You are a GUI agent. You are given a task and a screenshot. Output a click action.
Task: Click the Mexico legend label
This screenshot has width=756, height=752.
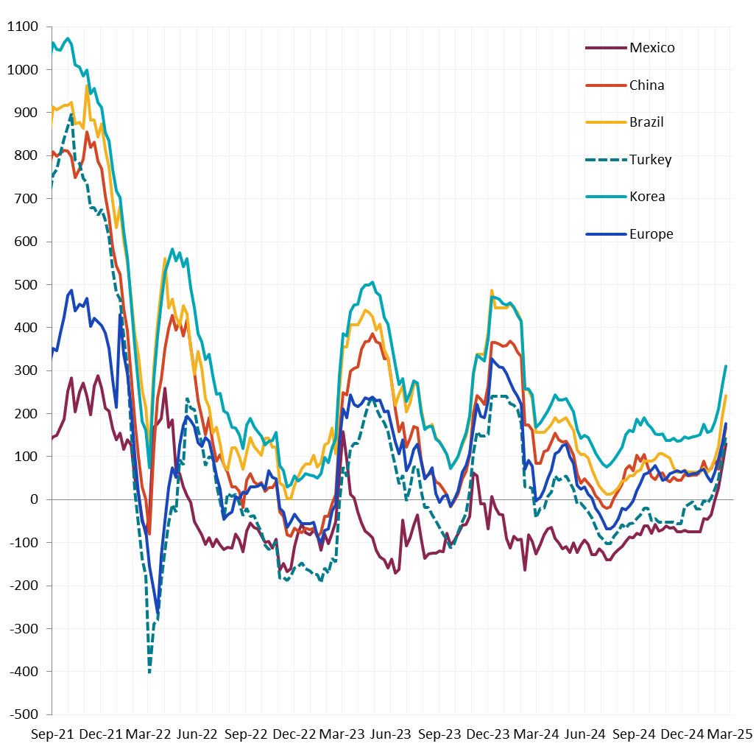pyautogui.click(x=651, y=48)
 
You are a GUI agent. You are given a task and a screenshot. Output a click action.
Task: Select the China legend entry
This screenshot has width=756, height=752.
pyautogui.click(x=646, y=85)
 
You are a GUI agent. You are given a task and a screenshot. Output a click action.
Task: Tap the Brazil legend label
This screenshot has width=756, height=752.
pyautogui.click(x=646, y=122)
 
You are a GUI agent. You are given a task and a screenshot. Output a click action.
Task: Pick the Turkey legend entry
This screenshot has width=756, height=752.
pyautogui.click(x=650, y=160)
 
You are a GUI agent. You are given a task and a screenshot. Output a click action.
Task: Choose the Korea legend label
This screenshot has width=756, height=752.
pyautogui.click(x=647, y=197)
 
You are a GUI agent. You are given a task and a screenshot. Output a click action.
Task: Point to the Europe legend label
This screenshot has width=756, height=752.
pyautogui.click(x=651, y=234)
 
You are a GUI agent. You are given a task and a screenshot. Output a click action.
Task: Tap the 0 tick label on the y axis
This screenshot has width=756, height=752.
pyautogui.click(x=34, y=499)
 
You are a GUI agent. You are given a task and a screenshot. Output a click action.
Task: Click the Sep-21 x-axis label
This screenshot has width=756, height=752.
pyautogui.click(x=52, y=734)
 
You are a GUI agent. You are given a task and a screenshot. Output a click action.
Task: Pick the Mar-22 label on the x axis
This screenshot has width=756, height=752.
pyautogui.click(x=149, y=734)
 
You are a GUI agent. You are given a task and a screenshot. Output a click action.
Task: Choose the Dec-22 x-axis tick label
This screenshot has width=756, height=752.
pyautogui.click(x=294, y=734)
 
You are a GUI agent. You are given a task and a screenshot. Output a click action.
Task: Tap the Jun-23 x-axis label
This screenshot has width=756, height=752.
pyautogui.click(x=390, y=734)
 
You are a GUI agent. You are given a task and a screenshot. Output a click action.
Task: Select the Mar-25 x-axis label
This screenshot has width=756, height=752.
pyautogui.click(x=729, y=734)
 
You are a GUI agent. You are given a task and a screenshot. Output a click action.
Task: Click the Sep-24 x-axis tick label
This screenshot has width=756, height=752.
pyautogui.click(x=633, y=734)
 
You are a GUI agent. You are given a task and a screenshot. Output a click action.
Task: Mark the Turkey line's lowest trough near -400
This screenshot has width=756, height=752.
pyautogui.click(x=149, y=671)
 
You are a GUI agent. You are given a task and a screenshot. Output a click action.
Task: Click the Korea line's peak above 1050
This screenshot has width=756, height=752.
pyautogui.click(x=68, y=38)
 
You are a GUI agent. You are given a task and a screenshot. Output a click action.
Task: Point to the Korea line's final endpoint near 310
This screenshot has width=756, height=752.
pyautogui.click(x=726, y=366)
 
